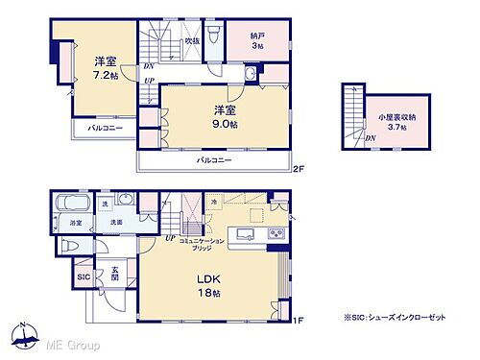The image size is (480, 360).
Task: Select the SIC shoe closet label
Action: coord(83,278)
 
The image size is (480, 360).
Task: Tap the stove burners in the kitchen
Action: coord(275,234)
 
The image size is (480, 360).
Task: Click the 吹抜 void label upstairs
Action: coord(192,42)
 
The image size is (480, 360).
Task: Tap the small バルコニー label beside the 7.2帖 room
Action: coord(105,128)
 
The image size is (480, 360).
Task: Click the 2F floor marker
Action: coord(299,170)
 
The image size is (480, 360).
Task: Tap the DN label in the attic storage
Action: coord(371,138)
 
